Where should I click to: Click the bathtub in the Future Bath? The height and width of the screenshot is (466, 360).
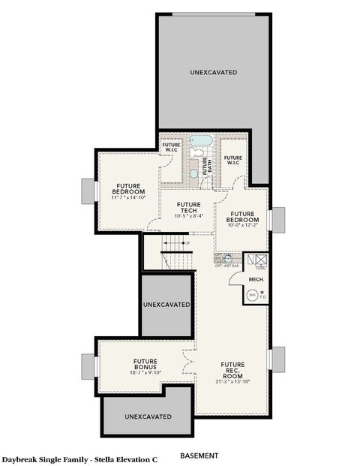coord(201,140)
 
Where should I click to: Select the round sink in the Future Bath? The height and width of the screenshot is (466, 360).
coord(193,173)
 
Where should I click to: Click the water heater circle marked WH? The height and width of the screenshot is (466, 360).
coord(252,295)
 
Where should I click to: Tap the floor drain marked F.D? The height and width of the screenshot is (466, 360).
coord(262,296)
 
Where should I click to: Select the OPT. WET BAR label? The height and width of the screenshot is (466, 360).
coord(226,266)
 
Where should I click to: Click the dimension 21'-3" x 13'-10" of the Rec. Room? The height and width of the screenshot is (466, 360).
coord(232,381)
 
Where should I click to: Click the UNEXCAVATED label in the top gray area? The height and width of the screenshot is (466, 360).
coord(213,72)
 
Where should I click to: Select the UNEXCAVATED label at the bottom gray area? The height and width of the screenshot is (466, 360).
coord(148,416)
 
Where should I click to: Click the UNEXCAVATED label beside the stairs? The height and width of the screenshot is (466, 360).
coord(166,305)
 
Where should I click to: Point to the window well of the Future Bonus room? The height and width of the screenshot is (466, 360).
coord(89,365)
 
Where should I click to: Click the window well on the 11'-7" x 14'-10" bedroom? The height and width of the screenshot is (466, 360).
coord(88,189)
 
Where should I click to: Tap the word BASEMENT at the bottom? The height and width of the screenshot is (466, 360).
coord(199,455)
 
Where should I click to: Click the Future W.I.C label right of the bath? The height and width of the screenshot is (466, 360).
coord(232,159)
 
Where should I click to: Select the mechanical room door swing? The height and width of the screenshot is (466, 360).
coord(236,279)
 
